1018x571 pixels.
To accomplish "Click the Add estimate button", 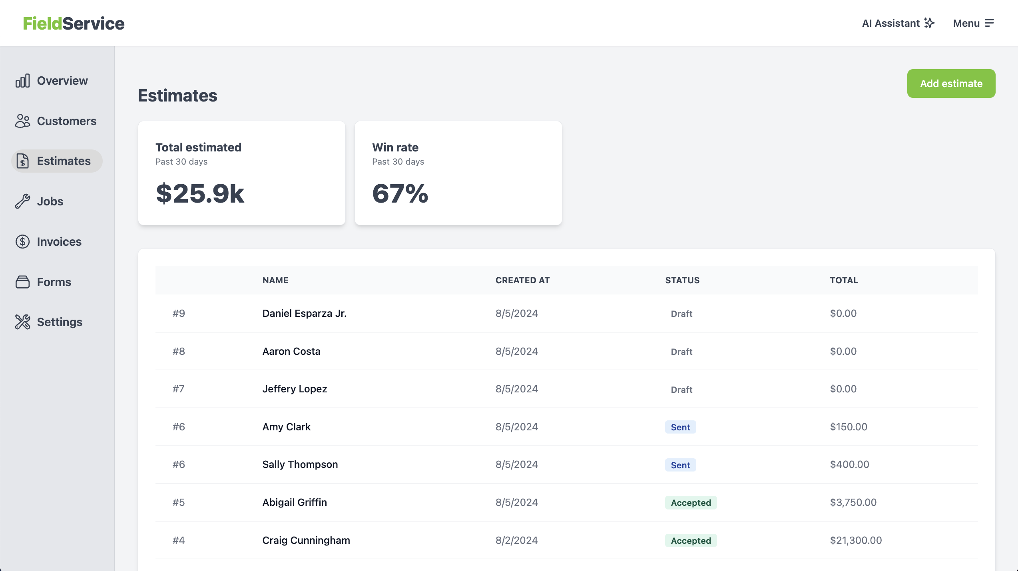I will pos(951,84).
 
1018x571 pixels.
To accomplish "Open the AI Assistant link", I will pos(898,23).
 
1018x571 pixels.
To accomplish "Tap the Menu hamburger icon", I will pos(989,23).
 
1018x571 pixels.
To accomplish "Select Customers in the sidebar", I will pos(66,121).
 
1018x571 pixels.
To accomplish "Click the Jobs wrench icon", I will pos(22,201).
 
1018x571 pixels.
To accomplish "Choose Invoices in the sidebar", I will pos(59,242).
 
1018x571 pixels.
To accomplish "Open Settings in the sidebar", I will pos(60,322).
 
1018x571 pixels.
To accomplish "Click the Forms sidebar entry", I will pos(54,282).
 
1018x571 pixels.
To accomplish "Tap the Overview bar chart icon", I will pos(22,81).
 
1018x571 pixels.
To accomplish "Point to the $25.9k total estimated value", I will pos(200,194).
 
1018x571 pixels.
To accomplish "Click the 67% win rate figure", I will pos(400,194).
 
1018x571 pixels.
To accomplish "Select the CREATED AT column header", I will pos(522,281).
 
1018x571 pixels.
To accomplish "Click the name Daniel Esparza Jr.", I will pos(304,313).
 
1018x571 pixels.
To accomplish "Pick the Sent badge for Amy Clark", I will pos(680,427).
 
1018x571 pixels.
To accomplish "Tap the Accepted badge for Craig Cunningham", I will pos(691,541).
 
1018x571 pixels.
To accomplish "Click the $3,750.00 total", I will pos(853,502).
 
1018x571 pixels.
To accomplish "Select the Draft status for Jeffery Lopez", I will pos(681,390).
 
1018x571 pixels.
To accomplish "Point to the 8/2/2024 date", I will pos(516,540).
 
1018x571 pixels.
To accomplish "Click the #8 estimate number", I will pos(179,351).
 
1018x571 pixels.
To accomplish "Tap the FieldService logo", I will pos(74,24).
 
